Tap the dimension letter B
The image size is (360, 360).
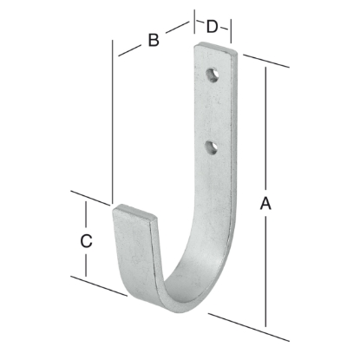point(153,39)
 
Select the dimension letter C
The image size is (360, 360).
point(86,241)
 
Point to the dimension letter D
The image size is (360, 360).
point(213,27)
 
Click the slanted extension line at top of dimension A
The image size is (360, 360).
point(265,61)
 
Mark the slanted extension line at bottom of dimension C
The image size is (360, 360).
point(95,284)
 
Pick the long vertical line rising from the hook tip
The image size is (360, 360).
point(114,121)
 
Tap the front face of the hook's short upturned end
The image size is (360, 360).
point(130,252)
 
